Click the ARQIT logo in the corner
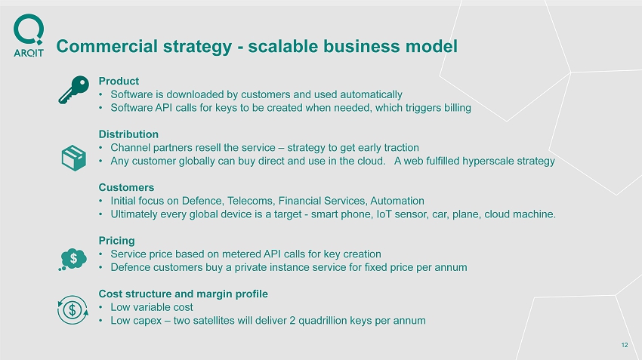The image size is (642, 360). (29, 35)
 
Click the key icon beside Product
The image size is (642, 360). (74, 90)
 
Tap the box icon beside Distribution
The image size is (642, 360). (74, 158)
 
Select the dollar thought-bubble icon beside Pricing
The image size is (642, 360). (73, 260)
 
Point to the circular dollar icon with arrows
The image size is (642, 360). (73, 310)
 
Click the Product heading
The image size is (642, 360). (119, 81)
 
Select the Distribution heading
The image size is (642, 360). (128, 134)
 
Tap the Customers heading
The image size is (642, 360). (127, 187)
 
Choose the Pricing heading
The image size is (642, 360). (116, 241)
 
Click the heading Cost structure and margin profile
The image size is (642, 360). (184, 294)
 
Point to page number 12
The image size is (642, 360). (625, 345)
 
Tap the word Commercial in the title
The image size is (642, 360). (106, 46)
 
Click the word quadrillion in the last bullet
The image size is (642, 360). (323, 320)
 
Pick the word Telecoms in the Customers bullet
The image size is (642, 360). (251, 201)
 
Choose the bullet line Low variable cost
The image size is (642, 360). (152, 307)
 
